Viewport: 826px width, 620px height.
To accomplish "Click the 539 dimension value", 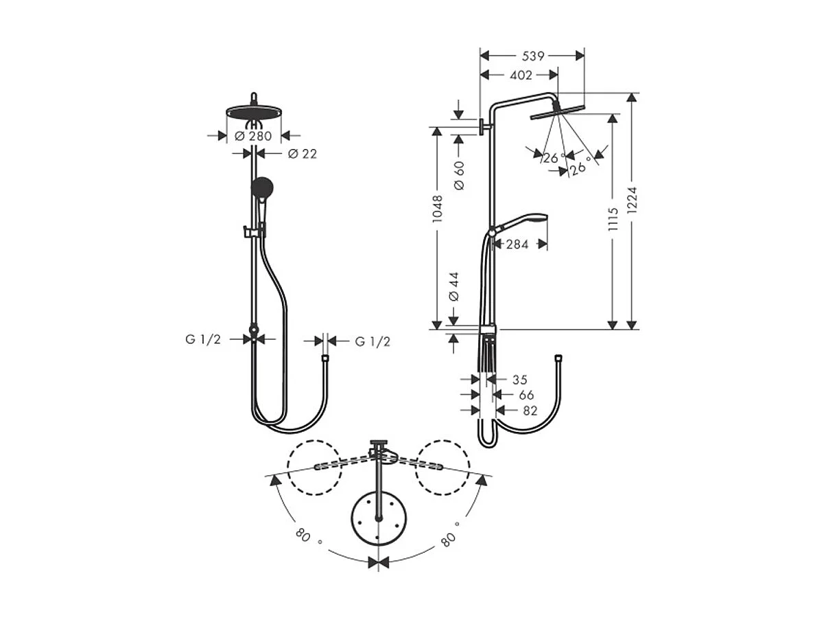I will pyautogui.click(x=532, y=56).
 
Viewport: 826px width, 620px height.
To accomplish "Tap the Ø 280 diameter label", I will pyautogui.click(x=253, y=136).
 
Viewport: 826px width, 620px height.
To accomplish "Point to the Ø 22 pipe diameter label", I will pyautogui.click(x=303, y=154).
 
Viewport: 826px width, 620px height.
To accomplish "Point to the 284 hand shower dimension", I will pyautogui.click(x=517, y=244).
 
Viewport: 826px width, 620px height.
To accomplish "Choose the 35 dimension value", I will pyautogui.click(x=520, y=379).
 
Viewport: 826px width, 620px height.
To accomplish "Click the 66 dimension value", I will pyautogui.click(x=526, y=395).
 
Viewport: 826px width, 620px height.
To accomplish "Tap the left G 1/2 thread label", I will pyautogui.click(x=202, y=339).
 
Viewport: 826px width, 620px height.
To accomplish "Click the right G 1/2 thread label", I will pyautogui.click(x=373, y=341).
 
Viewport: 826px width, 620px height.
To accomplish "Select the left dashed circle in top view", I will pyautogui.click(x=314, y=467).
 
